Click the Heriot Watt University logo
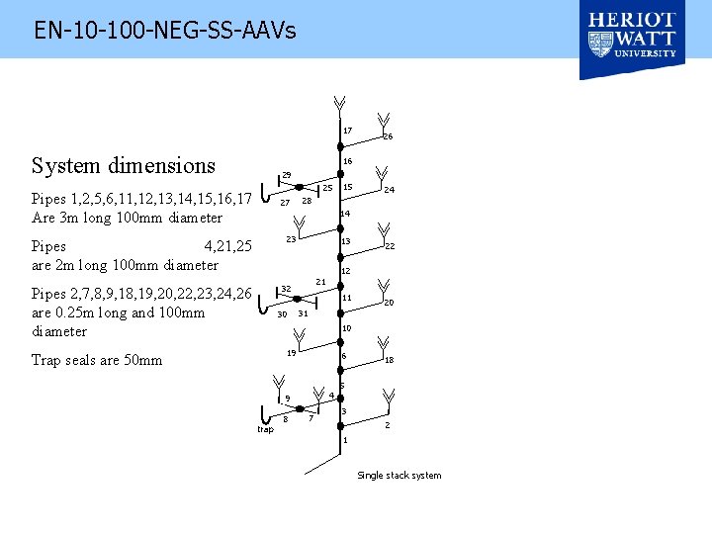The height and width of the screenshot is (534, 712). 632,40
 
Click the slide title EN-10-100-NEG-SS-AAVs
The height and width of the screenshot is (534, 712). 165,31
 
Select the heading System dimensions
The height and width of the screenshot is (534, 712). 124,166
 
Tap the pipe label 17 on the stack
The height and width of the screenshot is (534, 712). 348,131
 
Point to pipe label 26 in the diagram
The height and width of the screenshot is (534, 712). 388,136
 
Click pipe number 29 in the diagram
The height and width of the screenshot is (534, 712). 287,175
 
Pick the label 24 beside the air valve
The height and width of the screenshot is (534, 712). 390,189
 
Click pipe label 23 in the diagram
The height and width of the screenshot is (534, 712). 291,239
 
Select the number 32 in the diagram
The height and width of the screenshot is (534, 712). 286,289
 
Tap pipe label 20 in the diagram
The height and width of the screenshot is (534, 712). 389,303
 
